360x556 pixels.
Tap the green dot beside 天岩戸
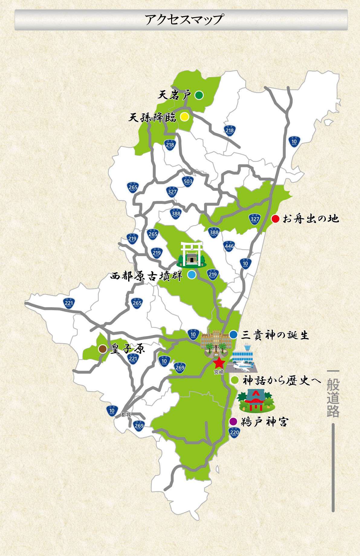pyautogui.click(x=199, y=95)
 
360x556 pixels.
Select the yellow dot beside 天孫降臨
pyautogui.click(x=184, y=117)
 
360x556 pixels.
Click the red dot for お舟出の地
pyautogui.click(x=275, y=219)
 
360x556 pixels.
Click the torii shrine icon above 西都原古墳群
pyautogui.click(x=192, y=255)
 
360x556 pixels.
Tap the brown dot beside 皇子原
pyautogui.click(x=103, y=349)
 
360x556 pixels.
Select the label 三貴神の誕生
pyautogui.click(x=275, y=335)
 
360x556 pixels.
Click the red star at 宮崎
pyautogui.click(x=219, y=363)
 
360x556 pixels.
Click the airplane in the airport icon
pyautogui.click(x=243, y=366)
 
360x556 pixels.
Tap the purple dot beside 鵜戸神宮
pyautogui.click(x=233, y=421)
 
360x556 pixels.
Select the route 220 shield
pyautogui.click(x=234, y=432)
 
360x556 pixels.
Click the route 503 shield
pyautogui.click(x=188, y=182)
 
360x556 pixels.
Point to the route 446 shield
pyautogui.click(x=229, y=246)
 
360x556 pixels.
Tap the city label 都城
pyautogui.click(x=126, y=415)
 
